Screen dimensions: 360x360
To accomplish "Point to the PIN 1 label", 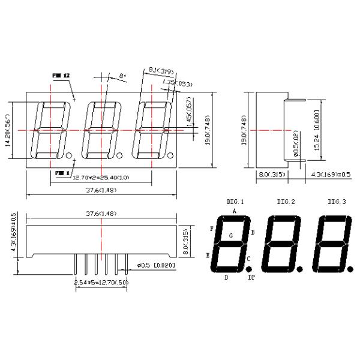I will click(x=61, y=173).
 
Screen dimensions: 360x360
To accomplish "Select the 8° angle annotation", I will click(x=123, y=76).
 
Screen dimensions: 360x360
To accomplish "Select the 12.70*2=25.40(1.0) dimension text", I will click(x=100, y=178).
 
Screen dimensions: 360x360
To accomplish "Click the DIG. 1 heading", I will click(x=235, y=202).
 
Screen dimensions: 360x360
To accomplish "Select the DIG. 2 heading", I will click(x=286, y=202).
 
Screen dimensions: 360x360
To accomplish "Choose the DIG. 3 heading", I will click(x=337, y=202).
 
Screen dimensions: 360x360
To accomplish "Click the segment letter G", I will click(x=231, y=236).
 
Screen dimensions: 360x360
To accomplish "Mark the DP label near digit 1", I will click(x=251, y=278).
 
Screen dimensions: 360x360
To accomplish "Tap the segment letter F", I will click(x=211, y=229).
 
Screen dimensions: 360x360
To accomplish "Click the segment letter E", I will click(x=208, y=255).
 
